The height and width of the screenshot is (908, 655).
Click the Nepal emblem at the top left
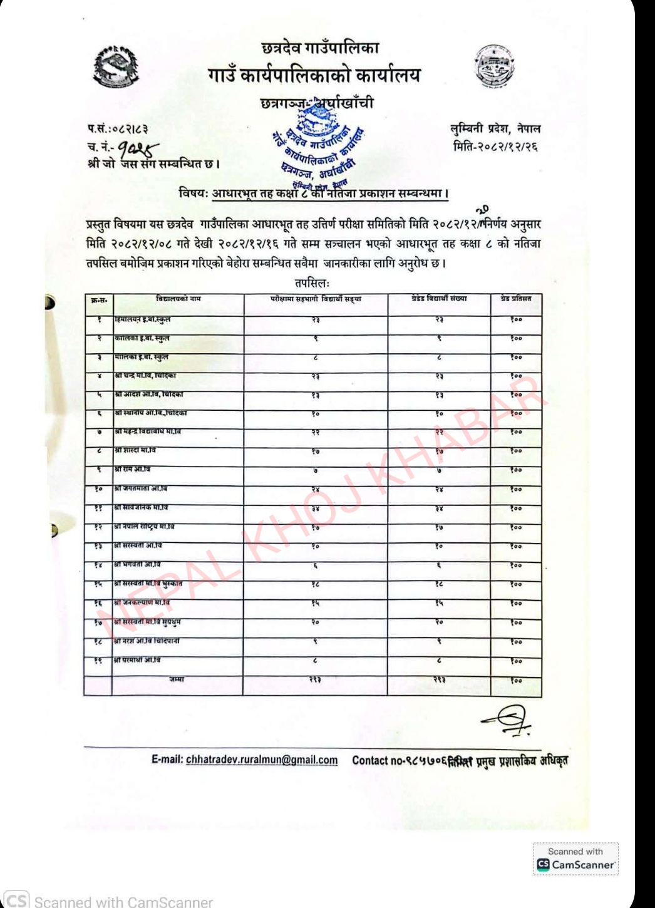[115, 66]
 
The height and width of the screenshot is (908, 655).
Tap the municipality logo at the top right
[495, 66]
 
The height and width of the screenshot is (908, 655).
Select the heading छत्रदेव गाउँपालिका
[320, 48]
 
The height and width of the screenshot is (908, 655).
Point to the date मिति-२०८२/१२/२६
[496, 147]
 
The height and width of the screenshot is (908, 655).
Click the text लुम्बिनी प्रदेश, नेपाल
[495, 129]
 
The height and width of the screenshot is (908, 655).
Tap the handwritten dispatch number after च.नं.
[138, 148]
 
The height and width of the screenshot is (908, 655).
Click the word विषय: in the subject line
[193, 193]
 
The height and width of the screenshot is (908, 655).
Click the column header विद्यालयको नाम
[178, 299]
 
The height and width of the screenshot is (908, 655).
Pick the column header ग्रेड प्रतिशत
[516, 299]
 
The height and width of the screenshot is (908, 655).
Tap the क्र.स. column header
[99, 301]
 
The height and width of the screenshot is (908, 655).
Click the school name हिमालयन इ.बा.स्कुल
[142, 319]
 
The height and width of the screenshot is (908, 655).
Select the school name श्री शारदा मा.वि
[135, 450]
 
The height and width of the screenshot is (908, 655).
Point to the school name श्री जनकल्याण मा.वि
[142, 602]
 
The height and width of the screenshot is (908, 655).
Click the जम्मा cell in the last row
[177, 679]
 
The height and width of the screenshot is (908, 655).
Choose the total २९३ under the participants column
[316, 680]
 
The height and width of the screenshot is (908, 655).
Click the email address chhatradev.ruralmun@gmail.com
[262, 760]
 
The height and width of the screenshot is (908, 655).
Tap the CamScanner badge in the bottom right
[575, 859]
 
